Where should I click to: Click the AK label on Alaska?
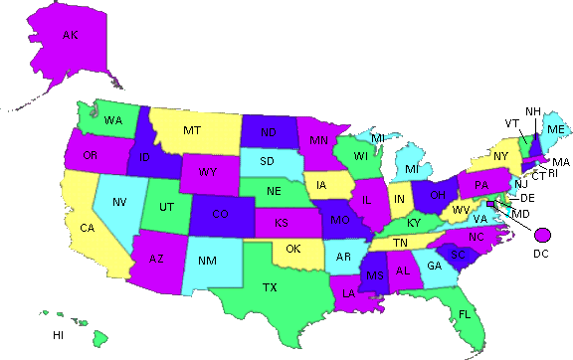click(x=70, y=36)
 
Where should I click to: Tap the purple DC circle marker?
click(x=542, y=235)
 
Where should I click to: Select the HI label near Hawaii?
click(x=59, y=335)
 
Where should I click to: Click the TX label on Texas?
click(x=270, y=287)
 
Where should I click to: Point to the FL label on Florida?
click(x=465, y=314)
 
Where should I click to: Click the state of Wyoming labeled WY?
click(x=207, y=172)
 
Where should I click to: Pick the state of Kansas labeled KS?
click(x=283, y=221)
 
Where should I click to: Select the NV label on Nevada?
click(x=119, y=203)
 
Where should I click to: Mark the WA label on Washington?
click(x=112, y=120)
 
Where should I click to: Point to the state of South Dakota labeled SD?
click(x=268, y=161)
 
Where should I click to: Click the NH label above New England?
click(x=533, y=110)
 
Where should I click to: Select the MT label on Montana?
click(x=192, y=130)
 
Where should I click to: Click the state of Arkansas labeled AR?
click(x=344, y=257)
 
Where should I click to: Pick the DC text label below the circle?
click(x=540, y=254)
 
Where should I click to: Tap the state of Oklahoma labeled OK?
click(x=293, y=249)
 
